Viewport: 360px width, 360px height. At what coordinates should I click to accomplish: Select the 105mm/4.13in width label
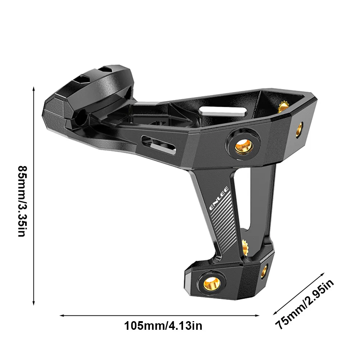tap(163, 326)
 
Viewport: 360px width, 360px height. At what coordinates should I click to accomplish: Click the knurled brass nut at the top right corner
tap(283, 106)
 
